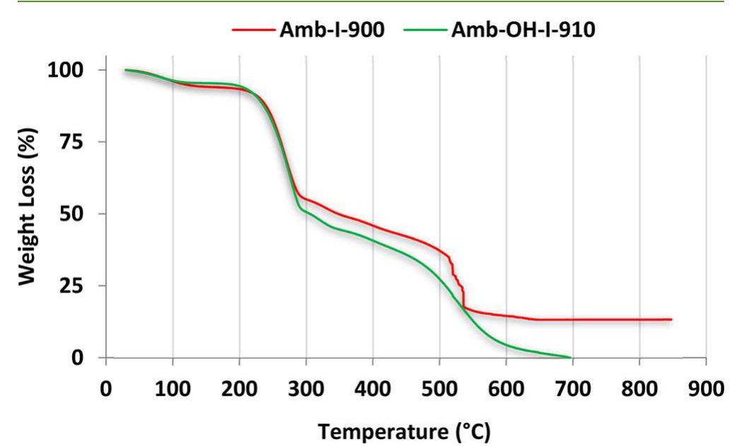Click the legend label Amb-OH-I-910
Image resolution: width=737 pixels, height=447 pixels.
tap(531, 30)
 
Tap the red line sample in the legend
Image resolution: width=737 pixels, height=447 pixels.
tap(251, 30)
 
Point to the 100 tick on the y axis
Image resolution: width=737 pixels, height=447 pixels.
tap(71, 70)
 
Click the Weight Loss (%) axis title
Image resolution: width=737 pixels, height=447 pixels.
tap(27, 205)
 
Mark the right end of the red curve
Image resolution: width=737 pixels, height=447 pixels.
tap(671, 319)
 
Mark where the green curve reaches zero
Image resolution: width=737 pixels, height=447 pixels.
tap(570, 357)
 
